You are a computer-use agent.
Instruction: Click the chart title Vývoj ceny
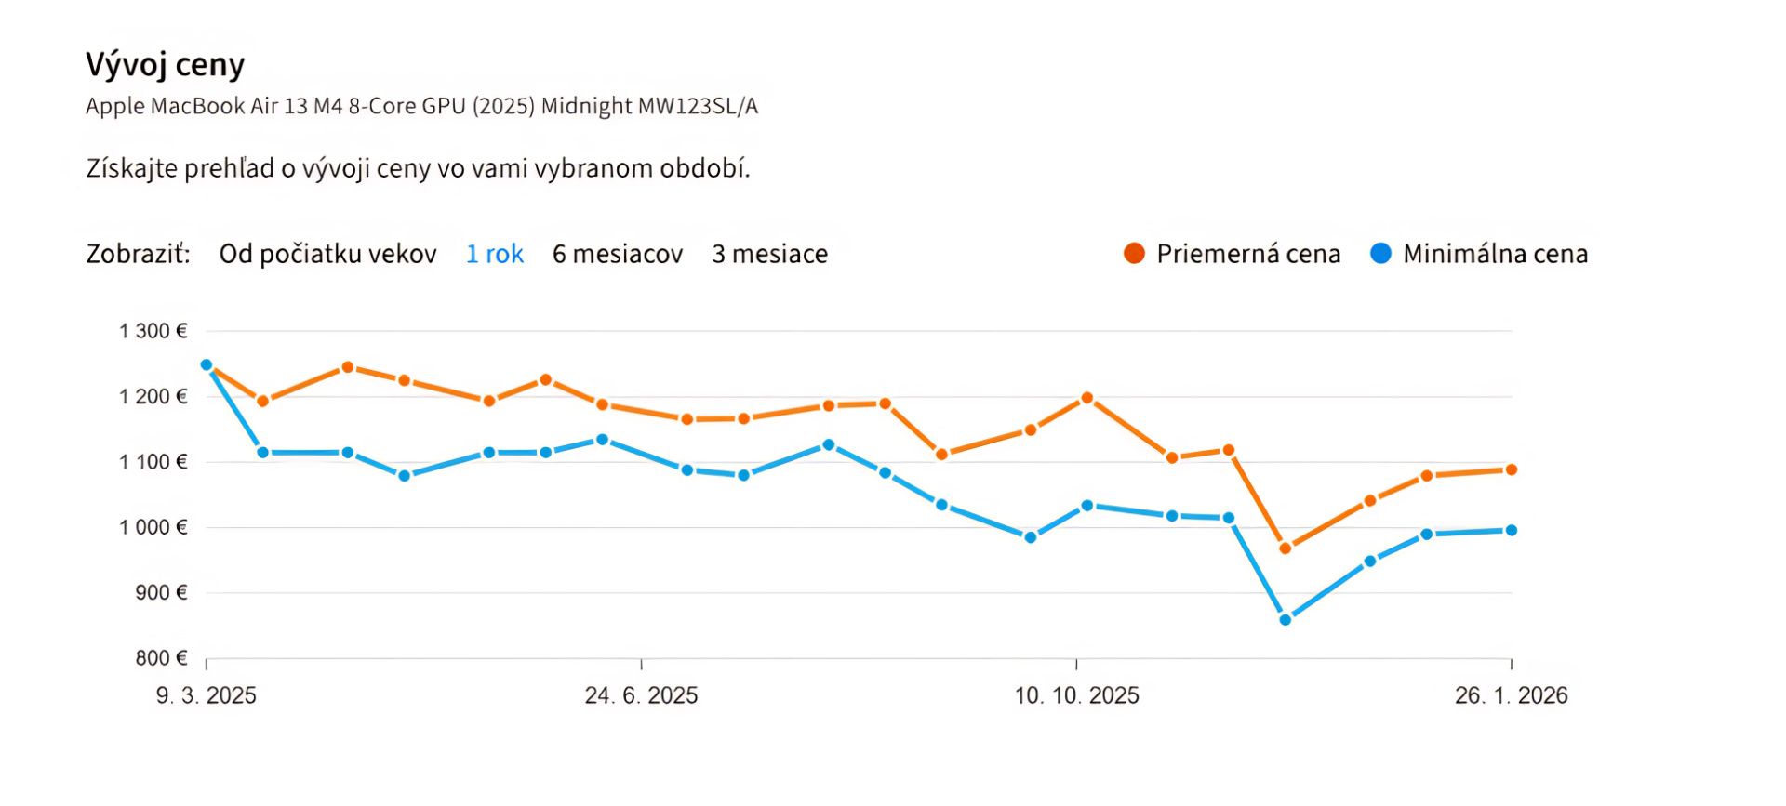pos(166,65)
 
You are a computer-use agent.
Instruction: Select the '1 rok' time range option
pos(494,254)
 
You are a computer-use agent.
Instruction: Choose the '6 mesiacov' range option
pos(618,254)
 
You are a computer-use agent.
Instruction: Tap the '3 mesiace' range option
pos(769,254)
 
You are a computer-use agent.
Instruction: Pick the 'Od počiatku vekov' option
pos(327,254)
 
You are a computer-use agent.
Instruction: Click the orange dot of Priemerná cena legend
pos(1134,253)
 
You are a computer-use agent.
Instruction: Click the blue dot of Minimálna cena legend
pos(1380,253)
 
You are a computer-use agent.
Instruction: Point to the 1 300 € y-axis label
pos(153,331)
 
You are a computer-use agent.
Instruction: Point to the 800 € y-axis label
pos(161,658)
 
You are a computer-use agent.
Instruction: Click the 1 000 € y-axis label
pos(153,527)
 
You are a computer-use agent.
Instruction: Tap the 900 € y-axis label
pos(161,592)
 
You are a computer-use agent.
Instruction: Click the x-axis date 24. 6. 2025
pos(641,695)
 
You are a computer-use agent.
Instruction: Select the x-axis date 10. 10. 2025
pos(1076,695)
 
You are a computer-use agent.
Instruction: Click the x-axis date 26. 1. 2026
pos(1511,695)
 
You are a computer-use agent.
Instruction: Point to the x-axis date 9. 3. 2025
pos(207,695)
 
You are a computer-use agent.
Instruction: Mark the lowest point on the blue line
pos(1286,619)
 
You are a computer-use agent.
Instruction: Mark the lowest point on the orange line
pos(1286,548)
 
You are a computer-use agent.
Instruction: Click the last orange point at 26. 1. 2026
pos(1511,469)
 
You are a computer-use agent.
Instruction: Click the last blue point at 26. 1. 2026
pos(1511,530)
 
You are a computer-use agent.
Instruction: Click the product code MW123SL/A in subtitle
pos(698,106)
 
